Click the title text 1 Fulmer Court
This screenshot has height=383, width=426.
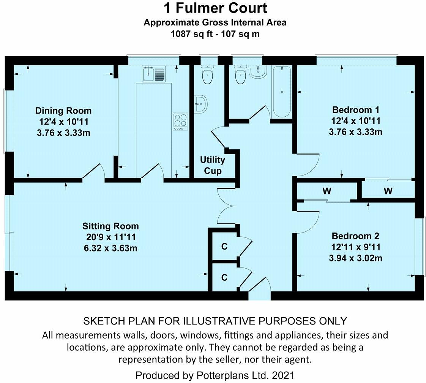(x=215, y=8)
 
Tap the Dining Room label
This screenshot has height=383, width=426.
(x=63, y=111)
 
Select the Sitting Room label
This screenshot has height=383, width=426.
(x=110, y=226)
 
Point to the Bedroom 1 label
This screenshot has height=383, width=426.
(x=355, y=110)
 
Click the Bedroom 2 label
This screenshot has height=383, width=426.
(x=355, y=236)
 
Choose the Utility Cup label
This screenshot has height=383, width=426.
(x=213, y=165)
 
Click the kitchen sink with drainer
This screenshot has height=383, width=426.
(x=154, y=74)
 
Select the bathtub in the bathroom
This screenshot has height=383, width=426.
(x=281, y=91)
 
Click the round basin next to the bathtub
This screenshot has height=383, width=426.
(x=258, y=71)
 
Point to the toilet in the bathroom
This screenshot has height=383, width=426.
(x=240, y=75)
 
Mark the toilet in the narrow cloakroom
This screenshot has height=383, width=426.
(x=208, y=75)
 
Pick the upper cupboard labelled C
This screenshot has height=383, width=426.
(x=224, y=247)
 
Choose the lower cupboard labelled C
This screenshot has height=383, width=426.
(x=224, y=278)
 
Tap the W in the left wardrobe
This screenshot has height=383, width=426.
(x=327, y=191)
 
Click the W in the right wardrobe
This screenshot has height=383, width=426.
(x=388, y=191)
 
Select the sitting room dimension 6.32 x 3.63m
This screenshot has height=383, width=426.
(x=110, y=248)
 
